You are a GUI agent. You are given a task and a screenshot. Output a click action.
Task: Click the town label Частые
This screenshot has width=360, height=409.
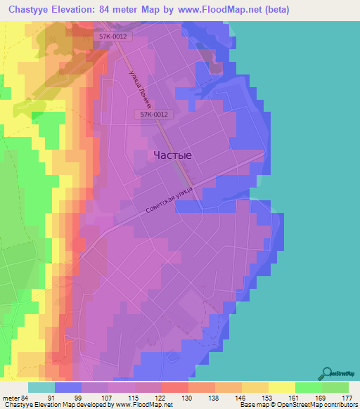(173, 155)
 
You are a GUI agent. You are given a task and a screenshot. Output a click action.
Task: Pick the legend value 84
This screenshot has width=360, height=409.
(27, 398)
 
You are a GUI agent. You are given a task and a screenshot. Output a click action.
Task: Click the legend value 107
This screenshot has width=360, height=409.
(108, 398)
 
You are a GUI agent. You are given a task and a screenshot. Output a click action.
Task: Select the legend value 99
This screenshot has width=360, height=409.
(81, 398)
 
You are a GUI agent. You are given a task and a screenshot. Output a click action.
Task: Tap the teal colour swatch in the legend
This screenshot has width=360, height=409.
(41, 387)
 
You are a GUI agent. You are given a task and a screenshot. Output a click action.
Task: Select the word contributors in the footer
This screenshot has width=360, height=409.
(340, 405)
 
